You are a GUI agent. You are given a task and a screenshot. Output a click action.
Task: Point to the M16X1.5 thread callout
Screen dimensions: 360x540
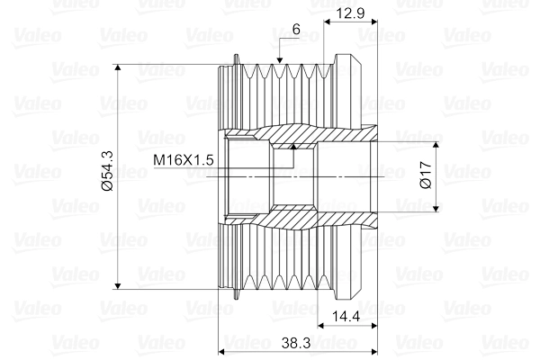(x=183, y=160)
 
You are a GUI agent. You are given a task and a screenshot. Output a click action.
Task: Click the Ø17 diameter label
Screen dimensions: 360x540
(x=426, y=175)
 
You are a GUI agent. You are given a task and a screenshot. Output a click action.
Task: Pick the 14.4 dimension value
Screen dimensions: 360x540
(x=347, y=317)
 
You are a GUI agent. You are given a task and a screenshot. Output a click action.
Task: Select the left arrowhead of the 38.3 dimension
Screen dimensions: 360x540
(x=224, y=350)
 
